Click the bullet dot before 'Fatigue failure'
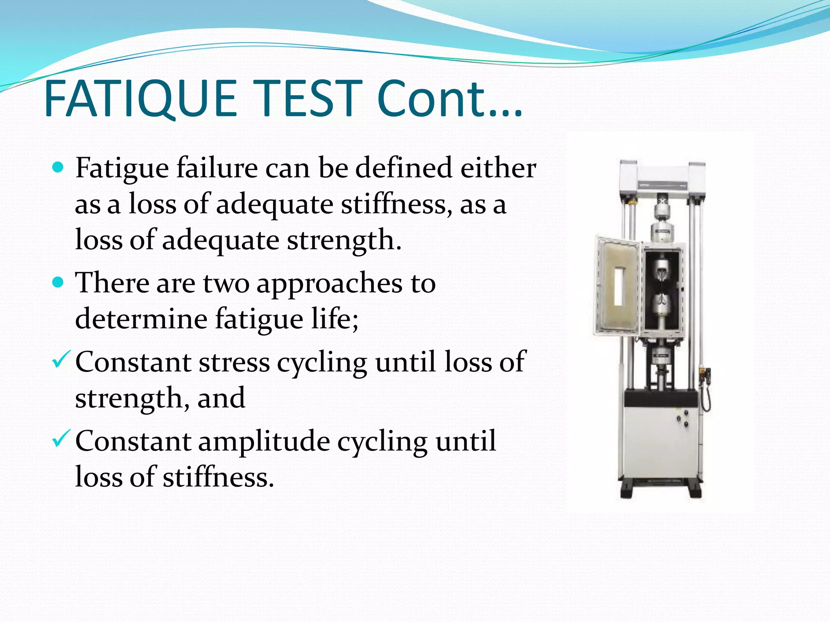(58, 167)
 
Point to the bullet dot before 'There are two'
(58, 282)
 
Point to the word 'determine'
(141, 318)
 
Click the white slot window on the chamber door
(619, 286)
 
